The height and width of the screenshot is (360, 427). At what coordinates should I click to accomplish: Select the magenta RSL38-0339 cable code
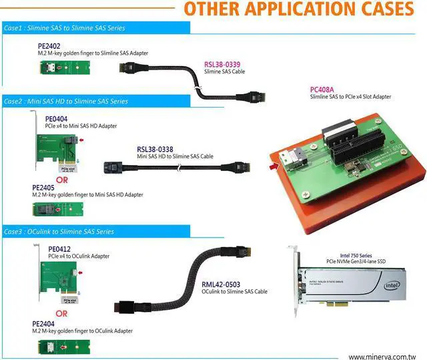point(223,64)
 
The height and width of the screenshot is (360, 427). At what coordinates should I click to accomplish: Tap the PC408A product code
point(322,89)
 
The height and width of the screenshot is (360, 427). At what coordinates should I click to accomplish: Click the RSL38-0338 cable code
point(155,149)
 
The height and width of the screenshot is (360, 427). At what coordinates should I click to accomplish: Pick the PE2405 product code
point(44,188)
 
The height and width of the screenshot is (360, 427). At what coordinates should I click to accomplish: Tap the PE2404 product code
point(44,324)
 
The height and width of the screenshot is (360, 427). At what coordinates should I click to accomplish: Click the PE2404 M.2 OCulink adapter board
point(59,345)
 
